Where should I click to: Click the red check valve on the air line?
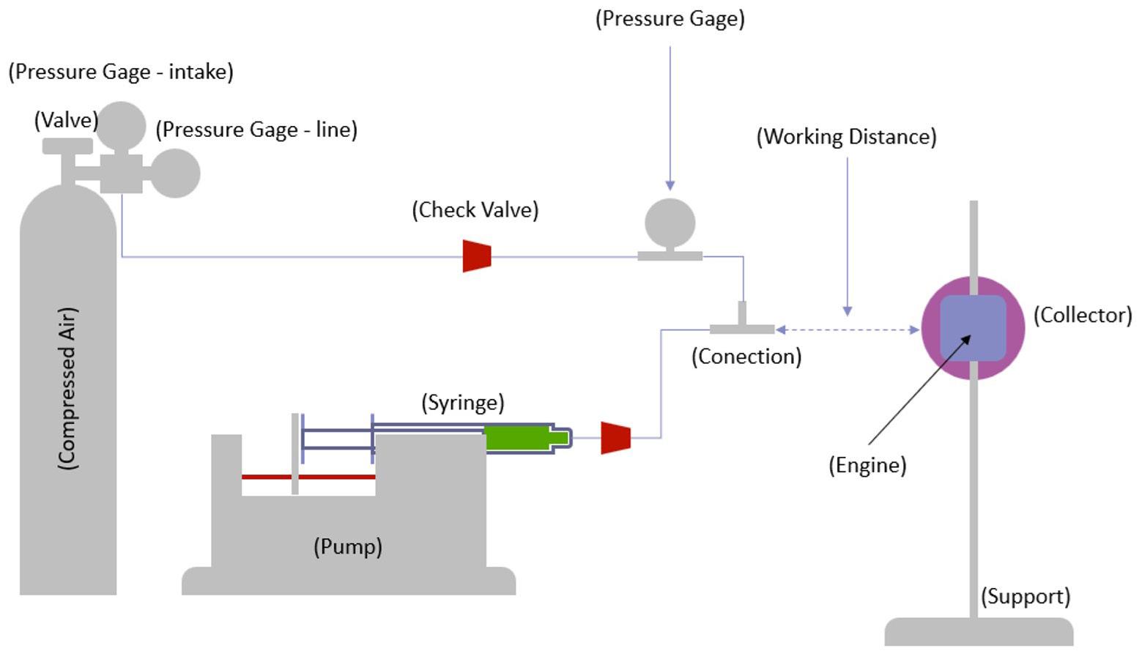tap(476, 256)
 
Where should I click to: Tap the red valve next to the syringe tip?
tap(615, 437)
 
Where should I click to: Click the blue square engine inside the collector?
tap(973, 328)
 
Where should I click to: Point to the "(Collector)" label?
tap(1082, 315)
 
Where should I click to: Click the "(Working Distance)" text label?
tap(846, 137)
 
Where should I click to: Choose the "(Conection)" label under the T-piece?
tap(746, 357)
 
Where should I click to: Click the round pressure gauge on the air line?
tap(670, 223)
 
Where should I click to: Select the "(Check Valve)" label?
tap(475, 210)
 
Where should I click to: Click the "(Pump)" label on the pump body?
tap(348, 546)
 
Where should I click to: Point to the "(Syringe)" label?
tap(462, 403)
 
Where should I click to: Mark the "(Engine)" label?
tap(867, 465)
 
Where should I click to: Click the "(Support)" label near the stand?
tap(1026, 596)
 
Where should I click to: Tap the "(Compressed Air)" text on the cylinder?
tap(67, 388)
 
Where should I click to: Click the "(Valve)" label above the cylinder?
tap(66, 120)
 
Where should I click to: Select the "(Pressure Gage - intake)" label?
tap(121, 72)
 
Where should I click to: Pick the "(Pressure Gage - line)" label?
tap(256, 130)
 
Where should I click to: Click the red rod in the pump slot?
tap(308, 477)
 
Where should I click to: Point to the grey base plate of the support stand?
tap(979, 631)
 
